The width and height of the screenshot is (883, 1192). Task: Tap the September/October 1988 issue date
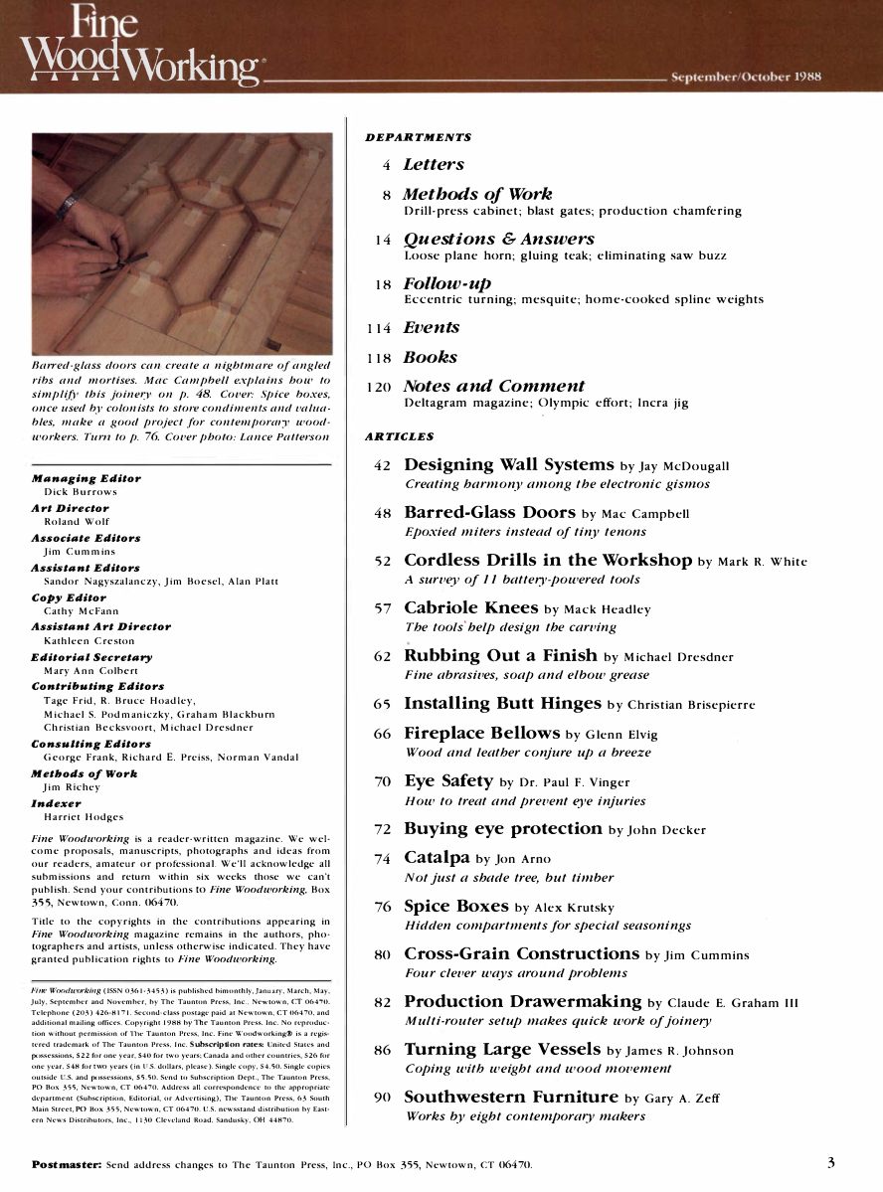pyautogui.click(x=746, y=78)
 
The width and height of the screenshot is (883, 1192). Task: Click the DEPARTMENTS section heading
pyautogui.click(x=418, y=137)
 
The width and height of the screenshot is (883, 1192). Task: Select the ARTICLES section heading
pyautogui.click(x=400, y=435)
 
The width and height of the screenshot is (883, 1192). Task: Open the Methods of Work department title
pyautogui.click(x=477, y=194)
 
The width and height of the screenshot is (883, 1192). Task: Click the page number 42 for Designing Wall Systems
pyautogui.click(x=383, y=465)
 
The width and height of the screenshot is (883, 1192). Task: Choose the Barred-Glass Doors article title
pyautogui.click(x=489, y=513)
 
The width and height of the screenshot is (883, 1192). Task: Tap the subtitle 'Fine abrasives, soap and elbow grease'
pyautogui.click(x=527, y=675)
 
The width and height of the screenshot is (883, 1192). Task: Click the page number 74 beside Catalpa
pyautogui.click(x=383, y=859)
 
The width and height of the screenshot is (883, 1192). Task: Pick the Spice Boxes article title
pyautogui.click(x=455, y=906)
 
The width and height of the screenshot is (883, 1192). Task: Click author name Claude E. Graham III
pyautogui.click(x=732, y=1003)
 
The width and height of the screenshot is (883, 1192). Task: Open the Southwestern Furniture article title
pyautogui.click(x=510, y=1097)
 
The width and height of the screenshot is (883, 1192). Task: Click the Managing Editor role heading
pyautogui.click(x=87, y=478)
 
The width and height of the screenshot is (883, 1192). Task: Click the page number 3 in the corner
pyautogui.click(x=830, y=1162)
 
